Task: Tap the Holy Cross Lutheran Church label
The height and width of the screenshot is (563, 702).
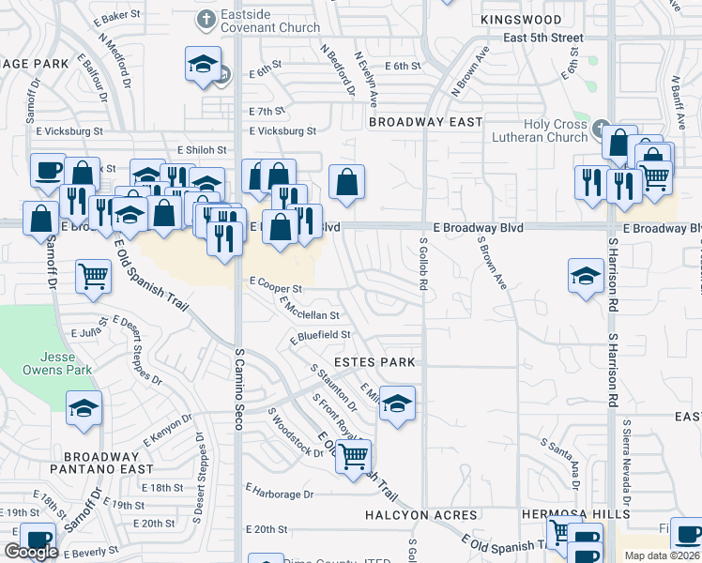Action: pos(543,130)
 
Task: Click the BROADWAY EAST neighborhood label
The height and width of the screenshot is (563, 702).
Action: pos(426,122)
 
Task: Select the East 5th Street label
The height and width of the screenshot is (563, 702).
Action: pos(542,38)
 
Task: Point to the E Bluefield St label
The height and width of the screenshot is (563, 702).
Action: pos(320,335)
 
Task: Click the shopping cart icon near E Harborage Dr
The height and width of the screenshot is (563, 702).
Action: pos(354,457)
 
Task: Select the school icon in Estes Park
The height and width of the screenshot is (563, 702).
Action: pos(398,403)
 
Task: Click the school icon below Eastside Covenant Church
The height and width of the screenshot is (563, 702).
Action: pos(203,65)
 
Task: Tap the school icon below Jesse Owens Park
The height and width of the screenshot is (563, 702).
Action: pos(84,408)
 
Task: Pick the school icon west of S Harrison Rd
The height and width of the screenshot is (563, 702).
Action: pos(586,276)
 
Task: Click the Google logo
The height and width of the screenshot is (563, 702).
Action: pos(31,552)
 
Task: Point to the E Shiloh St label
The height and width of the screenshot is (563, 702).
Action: pos(196,150)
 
